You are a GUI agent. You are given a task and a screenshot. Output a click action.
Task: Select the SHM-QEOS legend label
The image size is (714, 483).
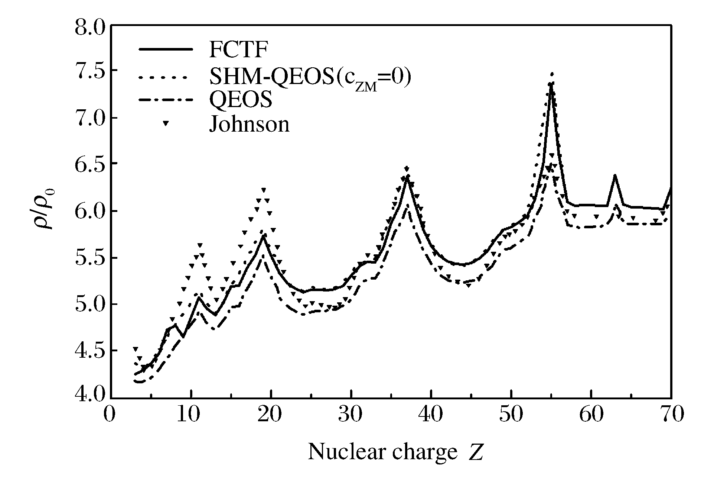310,78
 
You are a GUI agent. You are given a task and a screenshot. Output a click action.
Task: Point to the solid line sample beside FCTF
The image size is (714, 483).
166,49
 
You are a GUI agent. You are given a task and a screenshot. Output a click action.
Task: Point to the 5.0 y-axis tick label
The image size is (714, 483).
90,304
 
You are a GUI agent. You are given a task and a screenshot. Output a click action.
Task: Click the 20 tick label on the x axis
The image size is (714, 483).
271,414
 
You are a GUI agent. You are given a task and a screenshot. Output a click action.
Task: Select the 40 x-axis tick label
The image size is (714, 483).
431,414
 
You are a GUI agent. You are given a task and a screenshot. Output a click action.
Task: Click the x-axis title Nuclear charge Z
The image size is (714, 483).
396,452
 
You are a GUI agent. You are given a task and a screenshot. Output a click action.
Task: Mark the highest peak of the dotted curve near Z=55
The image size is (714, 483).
552,74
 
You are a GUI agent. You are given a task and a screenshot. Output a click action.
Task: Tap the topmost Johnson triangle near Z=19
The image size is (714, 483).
264,190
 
